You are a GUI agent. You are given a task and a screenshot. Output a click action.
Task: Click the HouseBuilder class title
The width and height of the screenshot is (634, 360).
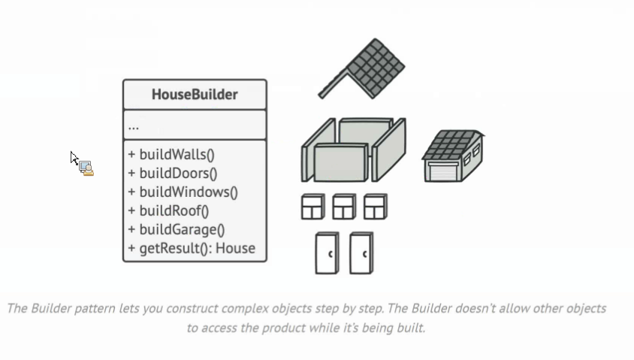pyautogui.click(x=195, y=94)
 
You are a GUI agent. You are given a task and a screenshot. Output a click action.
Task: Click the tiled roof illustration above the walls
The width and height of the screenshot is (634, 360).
pyautogui.click(x=362, y=68)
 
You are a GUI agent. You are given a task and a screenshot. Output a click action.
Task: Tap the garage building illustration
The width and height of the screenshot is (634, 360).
pyautogui.click(x=453, y=156)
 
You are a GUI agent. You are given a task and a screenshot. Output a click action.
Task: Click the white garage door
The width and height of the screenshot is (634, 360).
pyautogui.click(x=443, y=172)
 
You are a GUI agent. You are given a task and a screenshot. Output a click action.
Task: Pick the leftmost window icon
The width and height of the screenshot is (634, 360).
pyautogui.click(x=313, y=207)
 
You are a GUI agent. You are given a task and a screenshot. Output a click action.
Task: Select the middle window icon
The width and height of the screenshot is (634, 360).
pyautogui.click(x=344, y=207)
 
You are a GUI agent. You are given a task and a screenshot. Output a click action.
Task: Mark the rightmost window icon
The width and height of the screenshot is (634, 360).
pyautogui.click(x=376, y=207)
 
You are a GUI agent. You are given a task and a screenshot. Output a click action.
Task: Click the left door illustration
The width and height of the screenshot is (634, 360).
pyautogui.click(x=327, y=253)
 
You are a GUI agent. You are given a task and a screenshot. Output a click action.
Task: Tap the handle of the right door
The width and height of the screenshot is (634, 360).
pyautogui.click(x=365, y=254)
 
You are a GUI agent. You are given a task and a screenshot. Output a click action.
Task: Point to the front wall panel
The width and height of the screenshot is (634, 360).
pyautogui.click(x=340, y=162)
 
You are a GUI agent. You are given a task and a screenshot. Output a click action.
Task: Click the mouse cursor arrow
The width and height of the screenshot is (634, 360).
pyautogui.click(x=74, y=158)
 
